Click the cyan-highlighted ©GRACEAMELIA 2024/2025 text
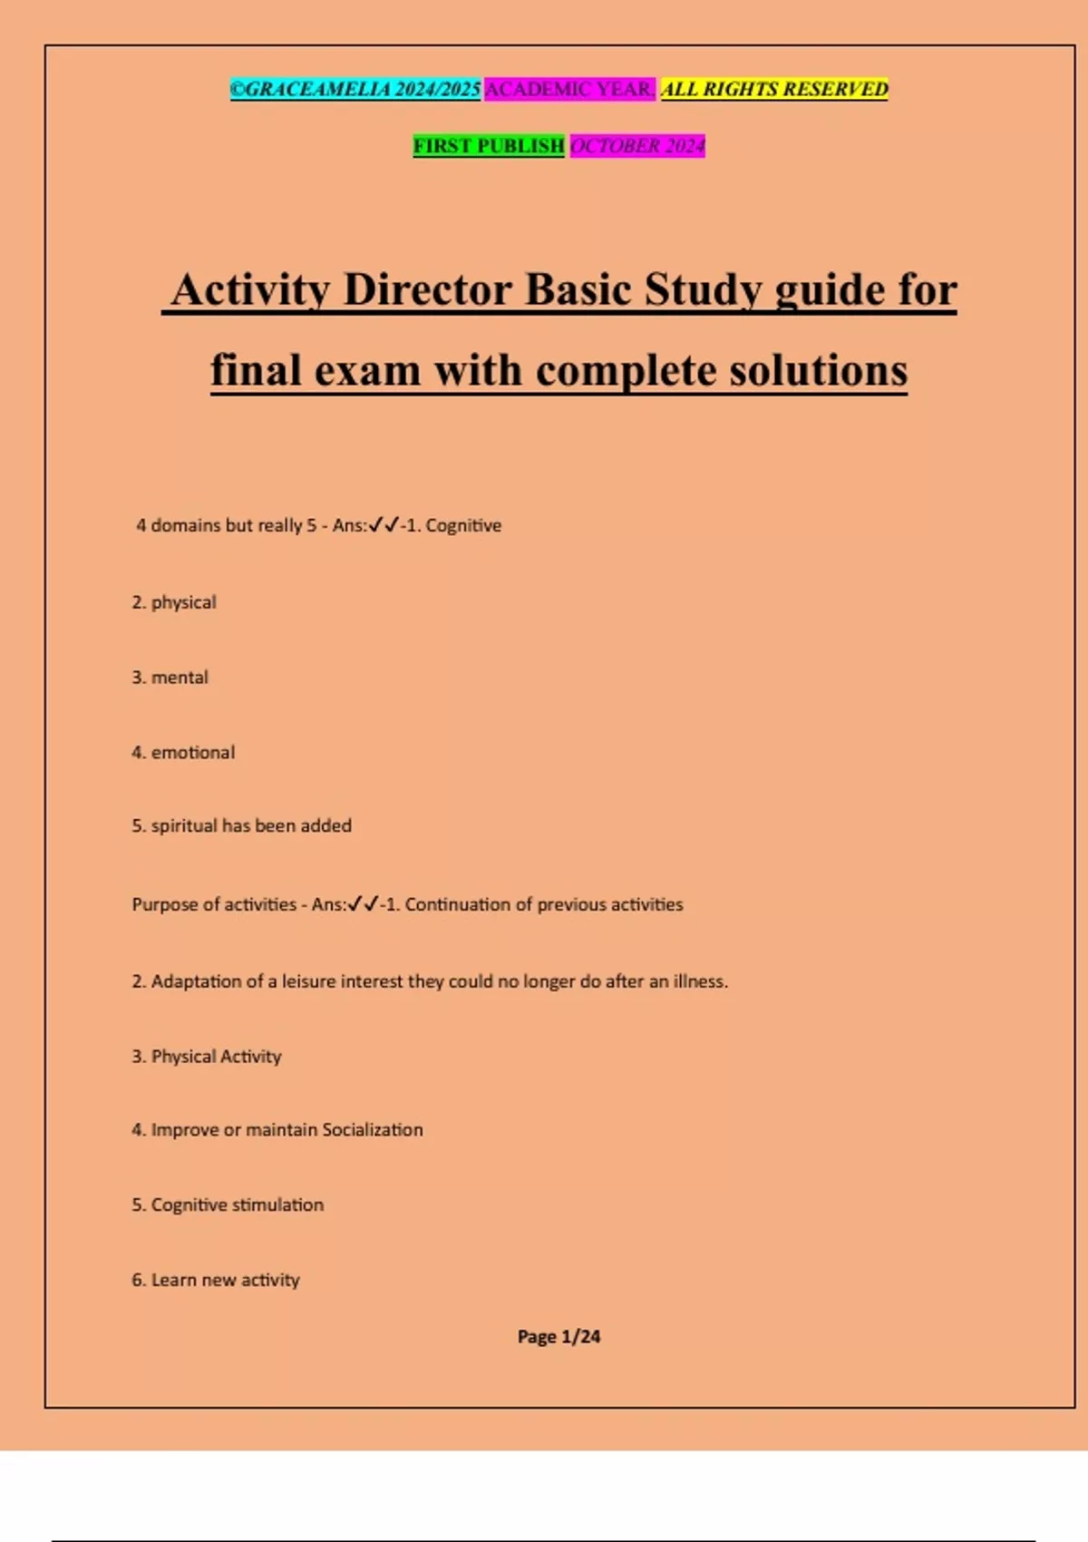pyautogui.click(x=355, y=90)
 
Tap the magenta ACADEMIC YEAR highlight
pyautogui.click(x=569, y=90)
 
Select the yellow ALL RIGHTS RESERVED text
pyautogui.click(x=774, y=90)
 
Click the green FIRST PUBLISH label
pyautogui.click(x=489, y=146)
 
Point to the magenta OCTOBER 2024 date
pyautogui.click(x=637, y=146)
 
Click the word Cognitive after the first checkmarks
pyautogui.click(x=463, y=526)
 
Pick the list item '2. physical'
pyautogui.click(x=174, y=603)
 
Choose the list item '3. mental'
pyautogui.click(x=170, y=678)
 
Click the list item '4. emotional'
pyautogui.click(x=183, y=753)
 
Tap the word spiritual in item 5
pyautogui.click(x=184, y=826)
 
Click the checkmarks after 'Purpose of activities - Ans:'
pyautogui.click(x=363, y=904)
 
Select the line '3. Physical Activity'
pyautogui.click(x=207, y=1057)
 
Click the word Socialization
pyautogui.click(x=372, y=1130)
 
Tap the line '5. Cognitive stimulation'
pyautogui.click(x=228, y=1205)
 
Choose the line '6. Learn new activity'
pyautogui.click(x=216, y=1281)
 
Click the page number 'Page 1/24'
pyautogui.click(x=559, y=1337)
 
